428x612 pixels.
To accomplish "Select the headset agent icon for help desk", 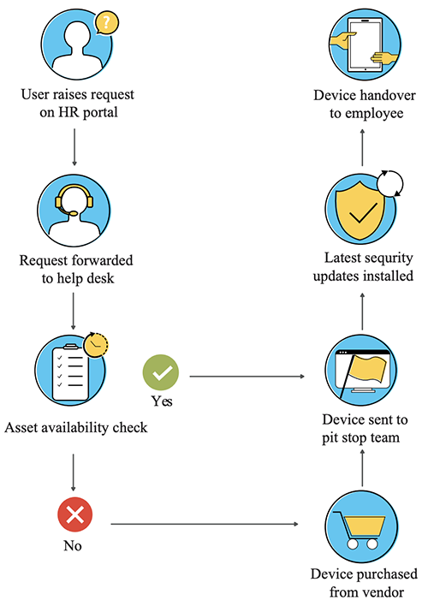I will point(74,211).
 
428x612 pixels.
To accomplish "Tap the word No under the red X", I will point(74,545).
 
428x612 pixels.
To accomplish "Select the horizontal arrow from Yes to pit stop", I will point(248,376).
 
